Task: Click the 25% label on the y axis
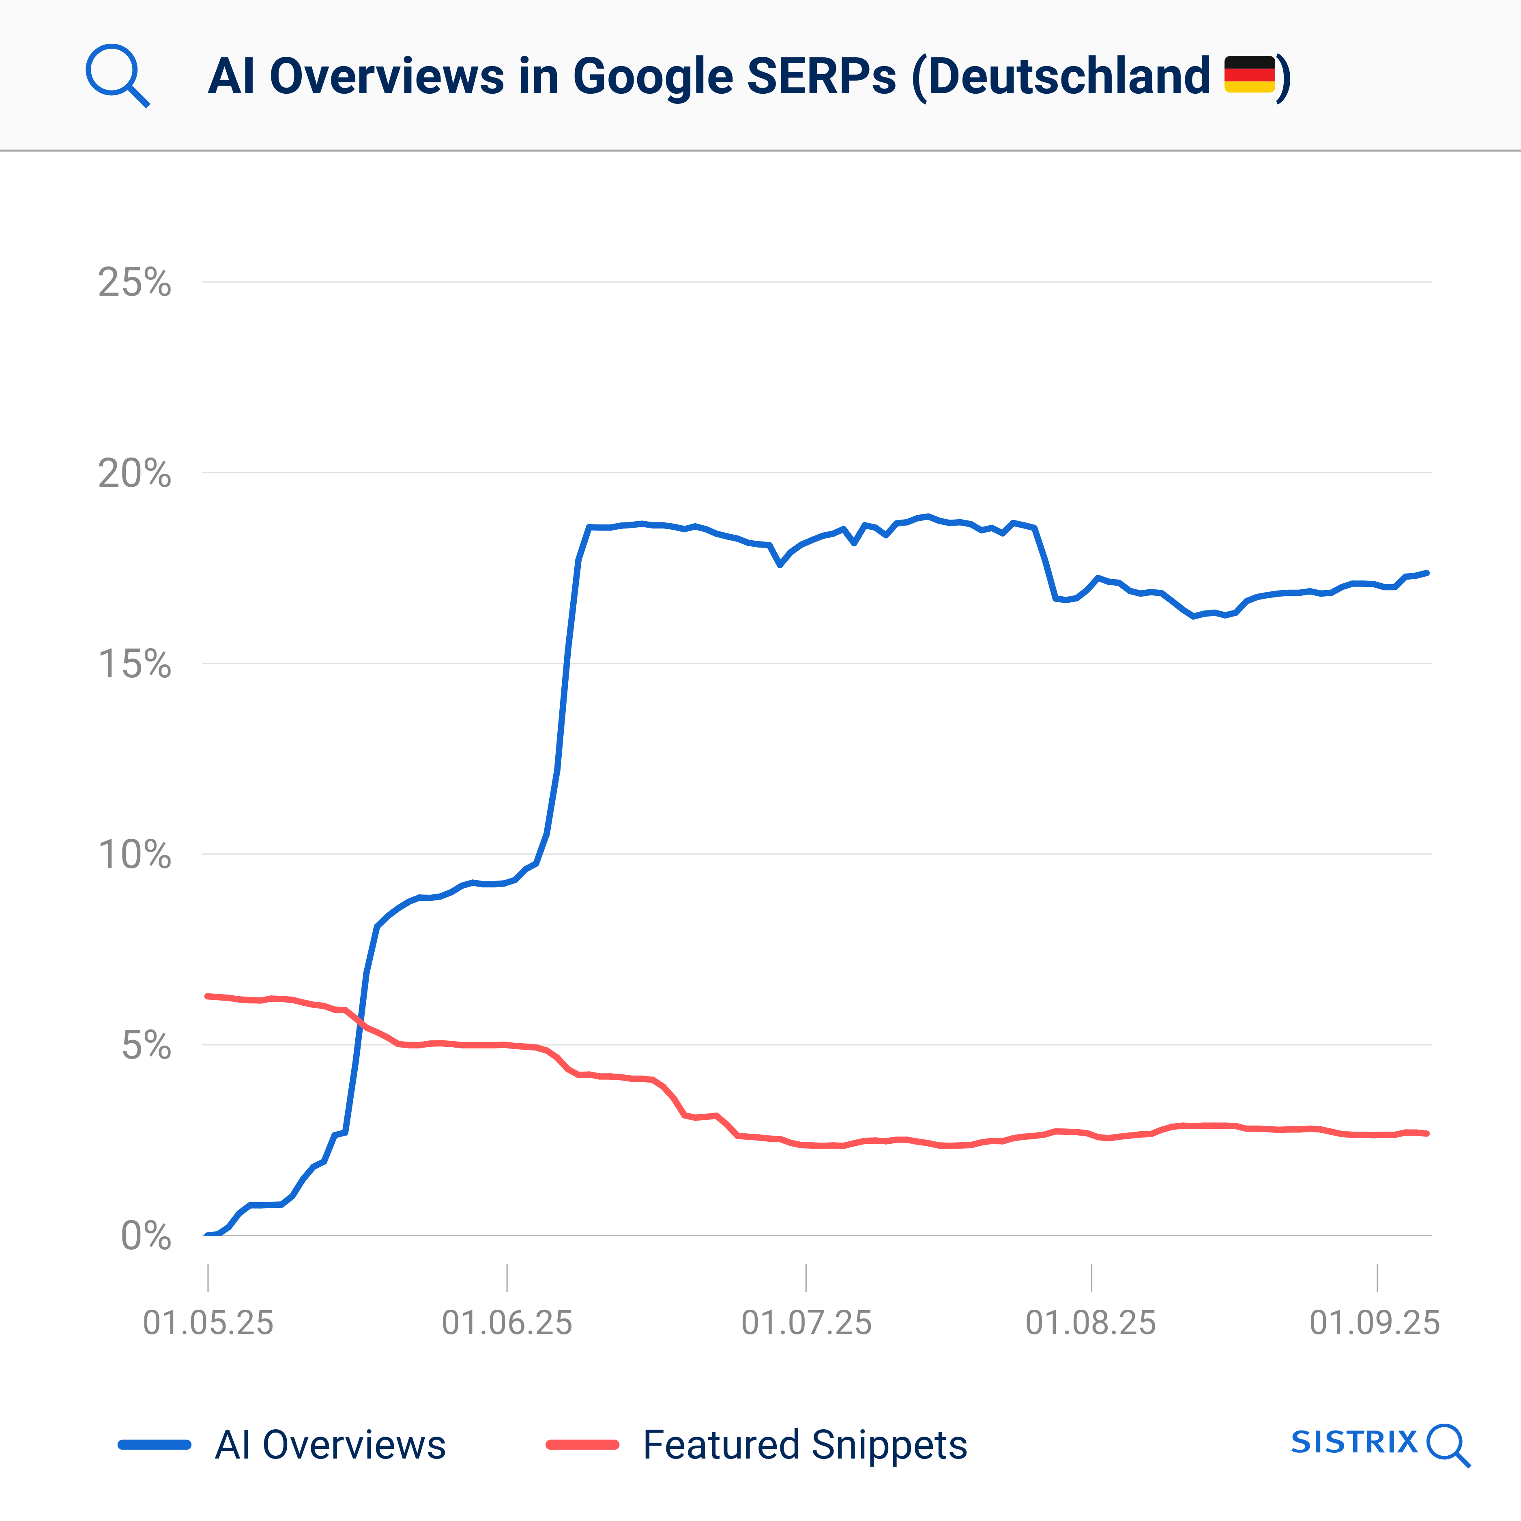coord(134,282)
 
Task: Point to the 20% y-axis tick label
coord(134,473)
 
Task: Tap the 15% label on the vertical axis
coord(134,664)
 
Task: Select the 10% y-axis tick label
coord(134,854)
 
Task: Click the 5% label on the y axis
coord(146,1046)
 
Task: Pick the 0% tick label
coord(146,1236)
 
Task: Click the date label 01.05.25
coord(208,1323)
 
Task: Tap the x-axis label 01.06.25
coord(507,1323)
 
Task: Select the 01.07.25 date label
coord(806,1323)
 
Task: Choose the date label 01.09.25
coord(1375,1323)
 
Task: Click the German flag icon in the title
coord(1249,75)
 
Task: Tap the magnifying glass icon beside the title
coord(116,75)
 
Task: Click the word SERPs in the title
coord(821,76)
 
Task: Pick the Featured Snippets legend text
coord(805,1445)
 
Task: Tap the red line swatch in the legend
coord(582,1445)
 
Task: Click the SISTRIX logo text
coord(1354,1442)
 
